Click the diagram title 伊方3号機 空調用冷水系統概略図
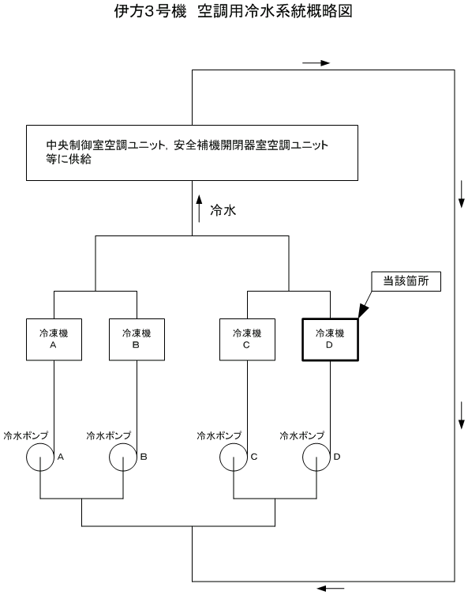[x=233, y=11]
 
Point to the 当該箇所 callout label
[x=406, y=281]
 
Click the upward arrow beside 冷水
[x=200, y=209]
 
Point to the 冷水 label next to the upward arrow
[x=223, y=210]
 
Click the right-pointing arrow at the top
[x=316, y=63]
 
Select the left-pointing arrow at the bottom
[x=331, y=589]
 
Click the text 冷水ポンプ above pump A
[x=26, y=435]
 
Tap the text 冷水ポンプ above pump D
[x=302, y=435]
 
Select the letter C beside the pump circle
[x=254, y=457]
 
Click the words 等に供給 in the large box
[x=69, y=159]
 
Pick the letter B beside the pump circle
[x=144, y=457]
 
